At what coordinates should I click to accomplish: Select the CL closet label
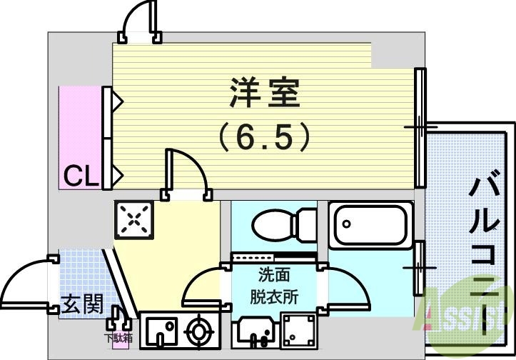81,175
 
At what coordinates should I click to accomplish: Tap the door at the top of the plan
139,21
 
